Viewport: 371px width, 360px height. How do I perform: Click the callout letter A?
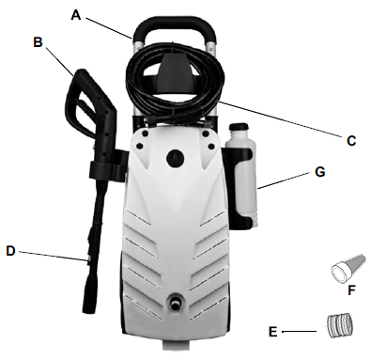[x=76, y=15]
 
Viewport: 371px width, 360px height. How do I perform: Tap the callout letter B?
[x=38, y=42]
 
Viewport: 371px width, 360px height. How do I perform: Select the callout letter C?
[x=351, y=141]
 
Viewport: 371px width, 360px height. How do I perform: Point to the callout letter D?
[x=10, y=251]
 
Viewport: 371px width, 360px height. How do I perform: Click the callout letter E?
[x=272, y=332]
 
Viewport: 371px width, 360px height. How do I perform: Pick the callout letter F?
[x=351, y=290]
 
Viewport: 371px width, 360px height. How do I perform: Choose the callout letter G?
[x=320, y=172]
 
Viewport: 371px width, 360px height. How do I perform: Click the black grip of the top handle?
[x=174, y=25]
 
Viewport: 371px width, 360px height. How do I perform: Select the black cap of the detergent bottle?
[x=239, y=128]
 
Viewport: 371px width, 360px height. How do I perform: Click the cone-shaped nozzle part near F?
[x=348, y=268]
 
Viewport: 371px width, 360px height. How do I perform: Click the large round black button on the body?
[x=176, y=157]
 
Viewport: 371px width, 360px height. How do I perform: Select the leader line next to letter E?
[x=299, y=331]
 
